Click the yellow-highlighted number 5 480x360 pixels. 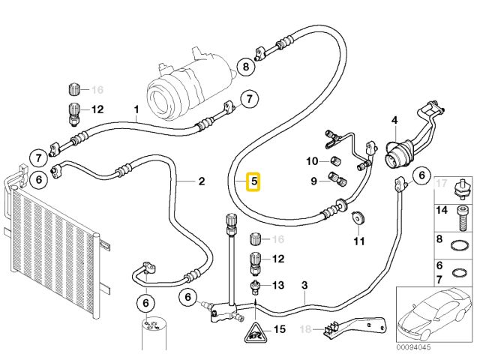(254, 181)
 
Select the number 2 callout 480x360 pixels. (201, 181)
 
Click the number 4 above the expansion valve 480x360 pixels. (394, 120)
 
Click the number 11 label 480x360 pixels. (358, 241)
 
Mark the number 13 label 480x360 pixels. (279, 285)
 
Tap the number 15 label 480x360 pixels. (280, 329)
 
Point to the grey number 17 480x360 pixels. (440, 183)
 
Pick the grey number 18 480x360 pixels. (304, 329)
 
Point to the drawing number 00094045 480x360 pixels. (414, 348)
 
